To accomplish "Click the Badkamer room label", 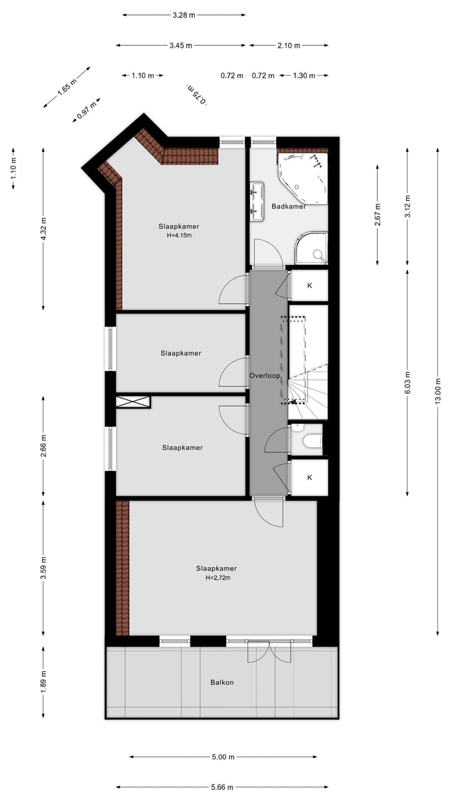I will click(289, 206).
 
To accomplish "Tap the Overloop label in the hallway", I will click(264, 377).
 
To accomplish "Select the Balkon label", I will click(222, 682).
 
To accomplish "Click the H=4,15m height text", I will click(179, 236).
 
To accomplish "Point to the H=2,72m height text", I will click(216, 578).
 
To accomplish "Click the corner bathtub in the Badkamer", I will click(303, 178).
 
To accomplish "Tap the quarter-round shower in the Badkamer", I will click(313, 249).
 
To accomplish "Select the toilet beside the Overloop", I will click(310, 441).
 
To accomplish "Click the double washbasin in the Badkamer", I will click(257, 201).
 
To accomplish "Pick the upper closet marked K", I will click(309, 285).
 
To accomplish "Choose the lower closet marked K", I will click(309, 477).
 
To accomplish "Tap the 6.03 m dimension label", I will click(407, 383).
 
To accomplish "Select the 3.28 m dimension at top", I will click(183, 15).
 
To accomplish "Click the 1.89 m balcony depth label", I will click(43, 683).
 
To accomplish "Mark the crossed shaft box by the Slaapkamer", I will click(133, 402).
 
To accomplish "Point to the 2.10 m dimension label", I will click(289, 45).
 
